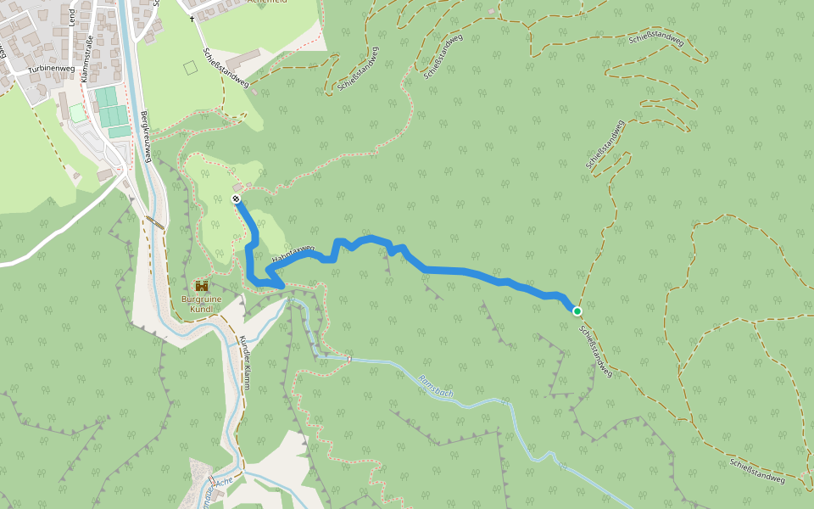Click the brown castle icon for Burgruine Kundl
pos(202,286)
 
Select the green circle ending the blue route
pos(577,311)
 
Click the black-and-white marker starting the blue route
pos(236,199)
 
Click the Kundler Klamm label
pos(243,362)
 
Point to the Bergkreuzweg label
pos(146,137)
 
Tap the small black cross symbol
pos(192,19)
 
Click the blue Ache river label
pos(223,482)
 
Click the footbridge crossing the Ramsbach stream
pos(348,358)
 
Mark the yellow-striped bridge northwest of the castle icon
pos(154,223)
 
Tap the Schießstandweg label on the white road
pos(226,67)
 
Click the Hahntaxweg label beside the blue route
pos(293,253)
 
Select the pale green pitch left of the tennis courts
pos(77,112)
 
